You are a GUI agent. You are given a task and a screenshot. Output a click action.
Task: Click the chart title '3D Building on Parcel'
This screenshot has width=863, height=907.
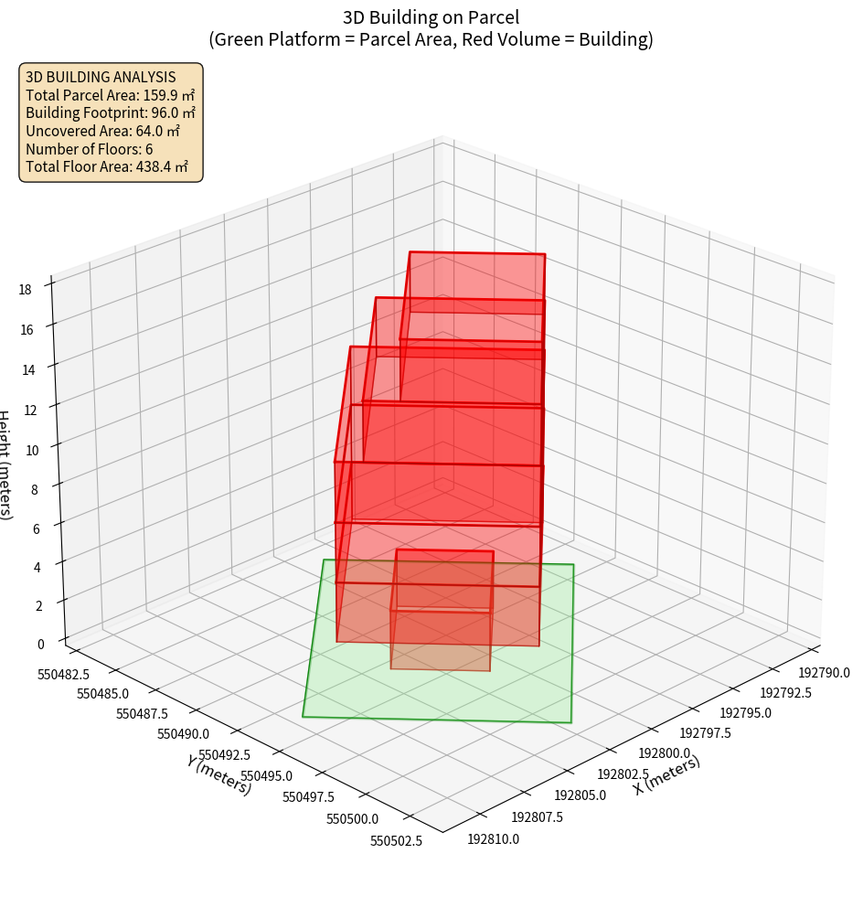coord(431,16)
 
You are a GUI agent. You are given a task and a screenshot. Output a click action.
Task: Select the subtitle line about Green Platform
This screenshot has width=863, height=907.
coord(431,39)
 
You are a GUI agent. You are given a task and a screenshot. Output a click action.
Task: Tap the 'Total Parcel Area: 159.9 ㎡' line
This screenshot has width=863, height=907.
coord(110,95)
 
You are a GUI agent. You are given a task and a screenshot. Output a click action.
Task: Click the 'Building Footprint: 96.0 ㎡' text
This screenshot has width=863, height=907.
coord(110,113)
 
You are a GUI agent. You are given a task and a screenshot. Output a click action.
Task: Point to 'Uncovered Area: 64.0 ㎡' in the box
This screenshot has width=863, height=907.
coord(102,132)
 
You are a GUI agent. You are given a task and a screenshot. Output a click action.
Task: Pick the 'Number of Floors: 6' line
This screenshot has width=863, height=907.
coord(89,149)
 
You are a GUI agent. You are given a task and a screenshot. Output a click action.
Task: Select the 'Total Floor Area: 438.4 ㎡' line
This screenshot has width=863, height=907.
coord(107,167)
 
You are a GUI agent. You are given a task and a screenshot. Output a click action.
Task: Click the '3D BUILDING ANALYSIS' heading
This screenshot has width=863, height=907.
coord(101,77)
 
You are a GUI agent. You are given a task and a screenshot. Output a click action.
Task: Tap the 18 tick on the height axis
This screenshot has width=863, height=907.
coord(25,290)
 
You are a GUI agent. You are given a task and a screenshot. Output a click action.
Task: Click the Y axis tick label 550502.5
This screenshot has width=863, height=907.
coord(396,841)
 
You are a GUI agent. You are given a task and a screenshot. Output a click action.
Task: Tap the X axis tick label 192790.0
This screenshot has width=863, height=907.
coord(824,673)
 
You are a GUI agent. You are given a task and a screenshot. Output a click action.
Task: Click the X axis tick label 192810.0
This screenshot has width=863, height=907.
coord(493,838)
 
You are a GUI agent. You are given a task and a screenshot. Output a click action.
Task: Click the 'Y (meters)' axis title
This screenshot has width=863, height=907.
coord(218,774)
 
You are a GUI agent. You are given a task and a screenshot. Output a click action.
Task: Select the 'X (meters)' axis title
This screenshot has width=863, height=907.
coord(666,774)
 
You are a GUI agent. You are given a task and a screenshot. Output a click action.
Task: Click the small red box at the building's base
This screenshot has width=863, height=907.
coord(442,608)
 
